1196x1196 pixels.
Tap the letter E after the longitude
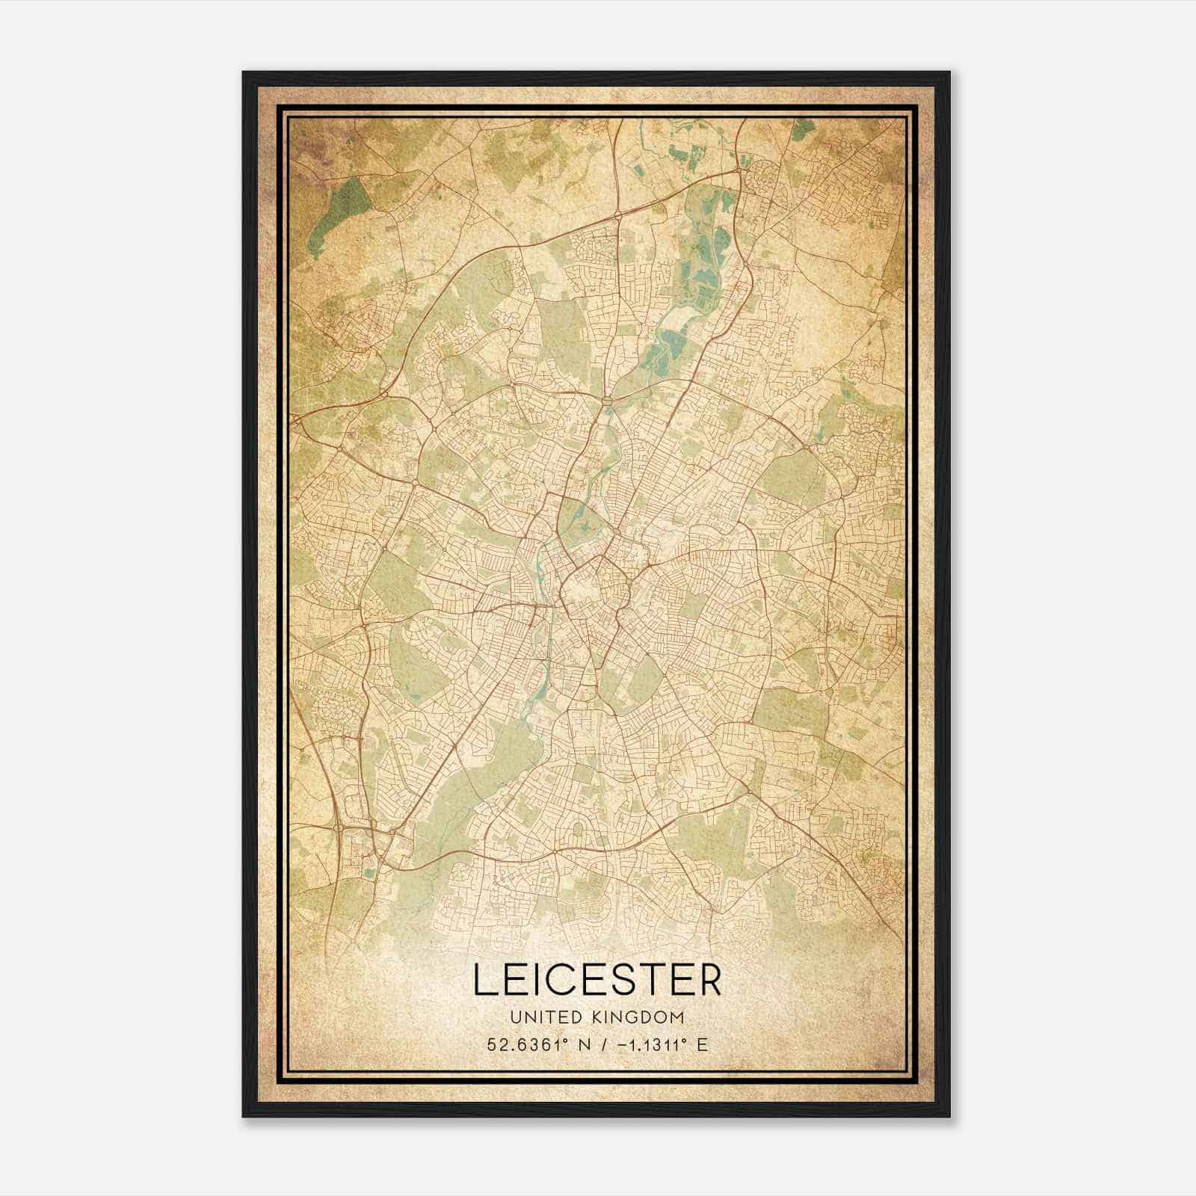pyautogui.click(x=702, y=1044)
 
